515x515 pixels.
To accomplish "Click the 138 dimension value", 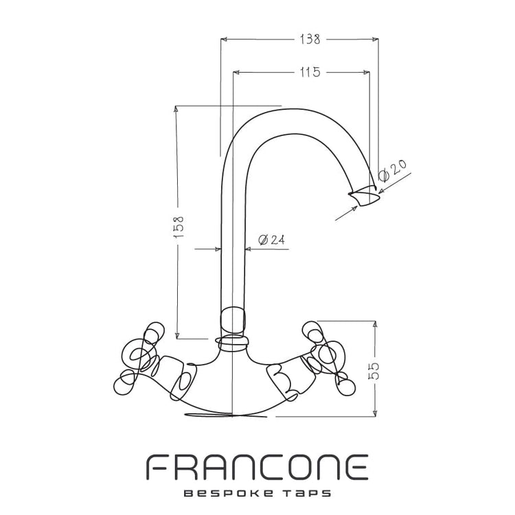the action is pyautogui.click(x=310, y=39).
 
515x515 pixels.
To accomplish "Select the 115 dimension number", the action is pyautogui.click(x=310, y=72).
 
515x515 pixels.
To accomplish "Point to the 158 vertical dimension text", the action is pyautogui.click(x=179, y=227).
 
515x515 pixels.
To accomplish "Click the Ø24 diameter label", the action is pyautogui.click(x=271, y=240).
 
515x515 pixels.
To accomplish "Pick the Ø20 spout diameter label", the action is pyautogui.click(x=392, y=170).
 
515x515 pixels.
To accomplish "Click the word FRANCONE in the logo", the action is pyautogui.click(x=257, y=467).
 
